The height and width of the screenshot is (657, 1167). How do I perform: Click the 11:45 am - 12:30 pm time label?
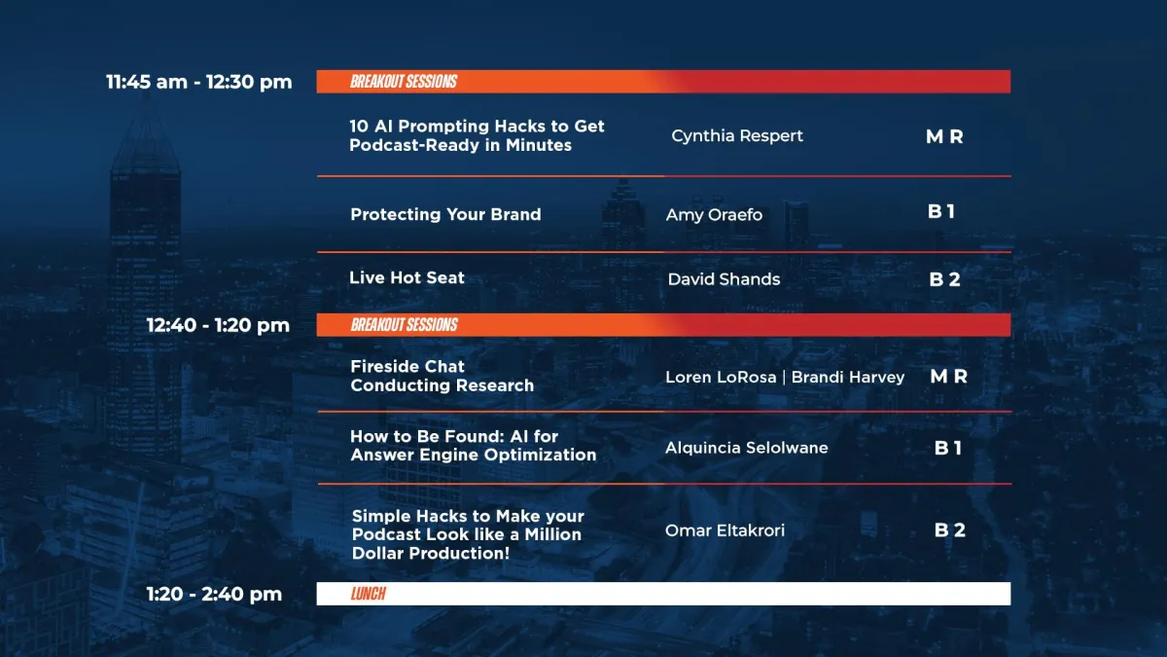pos(199,82)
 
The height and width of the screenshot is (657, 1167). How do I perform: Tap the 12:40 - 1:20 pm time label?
pos(218,325)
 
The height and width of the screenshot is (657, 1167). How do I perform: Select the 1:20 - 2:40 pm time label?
pos(214,594)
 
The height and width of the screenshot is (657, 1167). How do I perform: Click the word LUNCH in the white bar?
pos(369,594)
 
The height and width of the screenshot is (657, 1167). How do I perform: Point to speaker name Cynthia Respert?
pos(737,136)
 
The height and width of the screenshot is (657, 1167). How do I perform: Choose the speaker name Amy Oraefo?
pos(714,215)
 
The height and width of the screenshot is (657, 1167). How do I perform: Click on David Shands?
pos(724,279)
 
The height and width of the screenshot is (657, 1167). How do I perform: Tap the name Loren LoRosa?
pos(721,377)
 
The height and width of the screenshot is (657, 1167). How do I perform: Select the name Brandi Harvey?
pos(848,377)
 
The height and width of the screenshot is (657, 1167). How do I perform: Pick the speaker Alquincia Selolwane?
pos(747,448)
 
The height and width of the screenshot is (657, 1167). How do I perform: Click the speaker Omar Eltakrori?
pos(725,530)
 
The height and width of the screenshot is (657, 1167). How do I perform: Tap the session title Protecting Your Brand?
pos(445,214)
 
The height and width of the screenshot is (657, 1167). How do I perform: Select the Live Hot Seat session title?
pos(407,277)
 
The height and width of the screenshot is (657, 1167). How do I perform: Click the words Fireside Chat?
pos(407,367)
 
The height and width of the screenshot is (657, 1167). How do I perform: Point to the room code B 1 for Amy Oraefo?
pos(941,212)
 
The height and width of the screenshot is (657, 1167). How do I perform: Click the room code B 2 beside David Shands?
pos(944,279)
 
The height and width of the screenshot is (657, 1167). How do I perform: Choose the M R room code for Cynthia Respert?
pos(944,136)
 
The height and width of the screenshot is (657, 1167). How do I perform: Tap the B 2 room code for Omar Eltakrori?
pos(950,530)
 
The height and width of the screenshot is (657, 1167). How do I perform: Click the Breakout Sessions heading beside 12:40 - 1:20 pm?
pos(405,325)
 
